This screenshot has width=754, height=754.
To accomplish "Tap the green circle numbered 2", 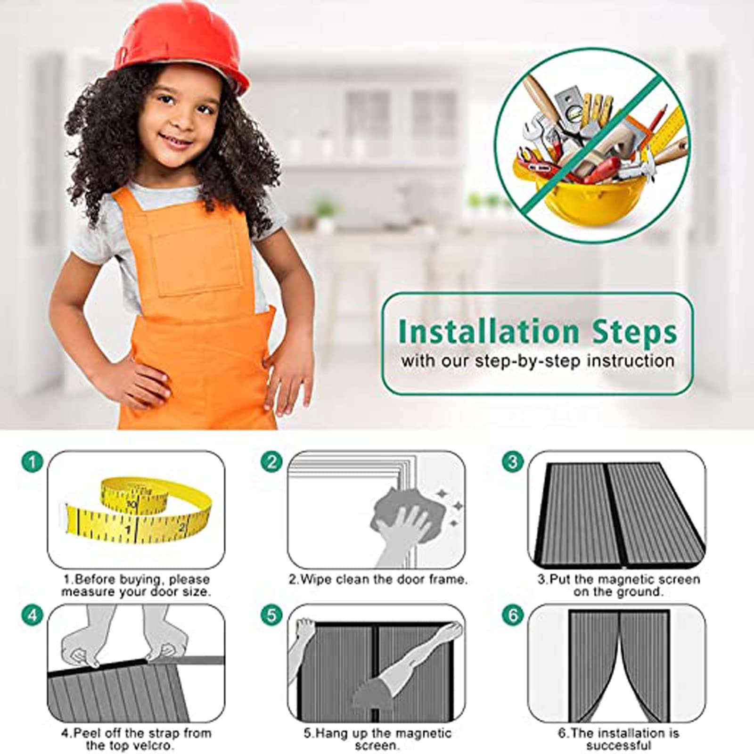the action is tap(272, 462).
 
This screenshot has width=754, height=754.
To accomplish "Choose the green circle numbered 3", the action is tap(513, 462).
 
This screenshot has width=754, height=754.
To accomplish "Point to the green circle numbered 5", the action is tap(272, 615).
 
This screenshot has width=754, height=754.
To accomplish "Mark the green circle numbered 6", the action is tap(513, 615).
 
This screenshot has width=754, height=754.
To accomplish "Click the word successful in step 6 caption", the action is tap(618, 745).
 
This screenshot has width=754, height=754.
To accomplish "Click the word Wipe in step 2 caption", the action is tap(316, 579).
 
